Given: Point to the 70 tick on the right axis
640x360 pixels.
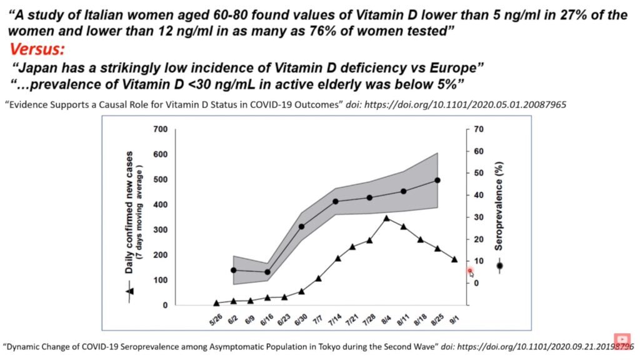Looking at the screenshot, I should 480,129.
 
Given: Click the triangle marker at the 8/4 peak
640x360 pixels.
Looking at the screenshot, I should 387,218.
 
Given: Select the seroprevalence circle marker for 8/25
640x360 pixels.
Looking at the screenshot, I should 437,180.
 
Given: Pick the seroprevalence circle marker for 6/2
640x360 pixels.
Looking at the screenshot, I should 234,270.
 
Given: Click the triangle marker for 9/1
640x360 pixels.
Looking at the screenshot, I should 454,259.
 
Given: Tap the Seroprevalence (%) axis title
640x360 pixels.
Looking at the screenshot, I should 499,206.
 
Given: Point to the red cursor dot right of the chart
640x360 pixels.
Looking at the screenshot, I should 470,271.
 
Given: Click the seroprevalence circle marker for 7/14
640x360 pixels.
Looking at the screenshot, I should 336,202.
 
